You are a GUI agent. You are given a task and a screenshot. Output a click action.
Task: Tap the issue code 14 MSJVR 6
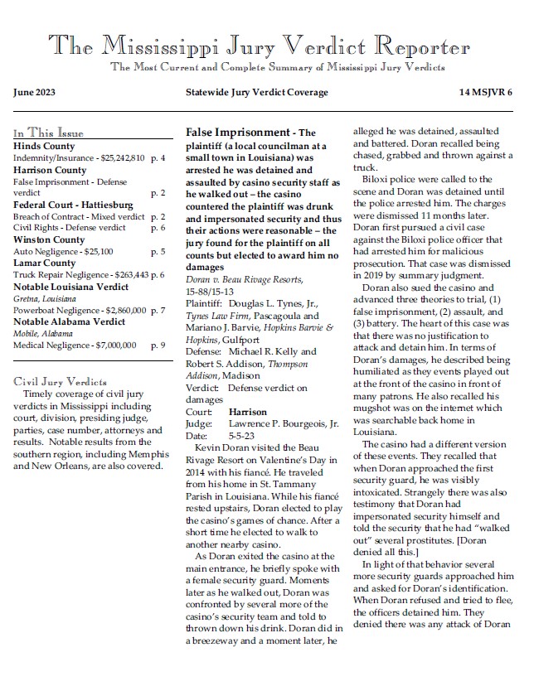(x=486, y=92)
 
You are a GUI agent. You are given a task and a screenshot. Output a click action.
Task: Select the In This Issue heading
(x=48, y=133)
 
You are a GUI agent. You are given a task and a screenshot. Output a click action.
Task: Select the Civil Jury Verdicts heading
(x=61, y=382)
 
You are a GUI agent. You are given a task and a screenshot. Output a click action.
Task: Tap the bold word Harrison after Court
(x=247, y=411)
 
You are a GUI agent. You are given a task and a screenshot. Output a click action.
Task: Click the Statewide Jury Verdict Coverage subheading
(x=256, y=92)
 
